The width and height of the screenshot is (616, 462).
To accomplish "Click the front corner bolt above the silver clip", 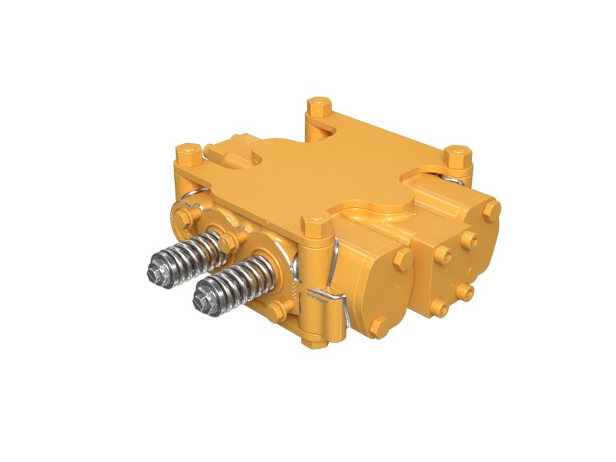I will pos(315,227).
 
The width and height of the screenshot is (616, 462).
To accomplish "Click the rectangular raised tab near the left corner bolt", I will pos(227,157).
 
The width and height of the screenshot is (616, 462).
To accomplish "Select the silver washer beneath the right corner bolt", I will pos(459,179).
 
